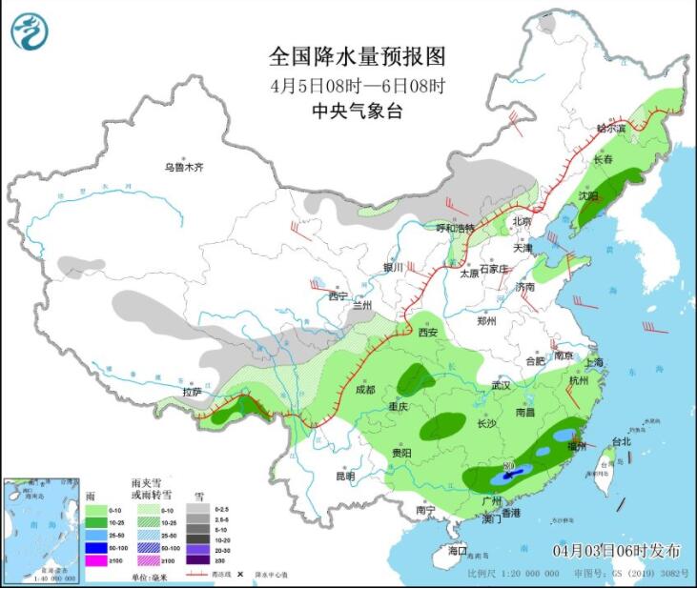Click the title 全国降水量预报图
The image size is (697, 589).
[358, 55]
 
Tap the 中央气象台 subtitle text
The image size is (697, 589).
[358, 112]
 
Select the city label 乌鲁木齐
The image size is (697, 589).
[183, 168]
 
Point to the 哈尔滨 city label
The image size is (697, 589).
[611, 128]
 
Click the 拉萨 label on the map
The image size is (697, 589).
[192, 392]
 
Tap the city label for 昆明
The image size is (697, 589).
[344, 476]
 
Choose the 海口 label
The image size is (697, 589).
[459, 551]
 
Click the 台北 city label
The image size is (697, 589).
[622, 441]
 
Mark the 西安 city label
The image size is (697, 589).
[427, 333]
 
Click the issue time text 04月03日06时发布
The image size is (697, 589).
[618, 551]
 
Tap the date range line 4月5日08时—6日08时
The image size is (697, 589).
[358, 85]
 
